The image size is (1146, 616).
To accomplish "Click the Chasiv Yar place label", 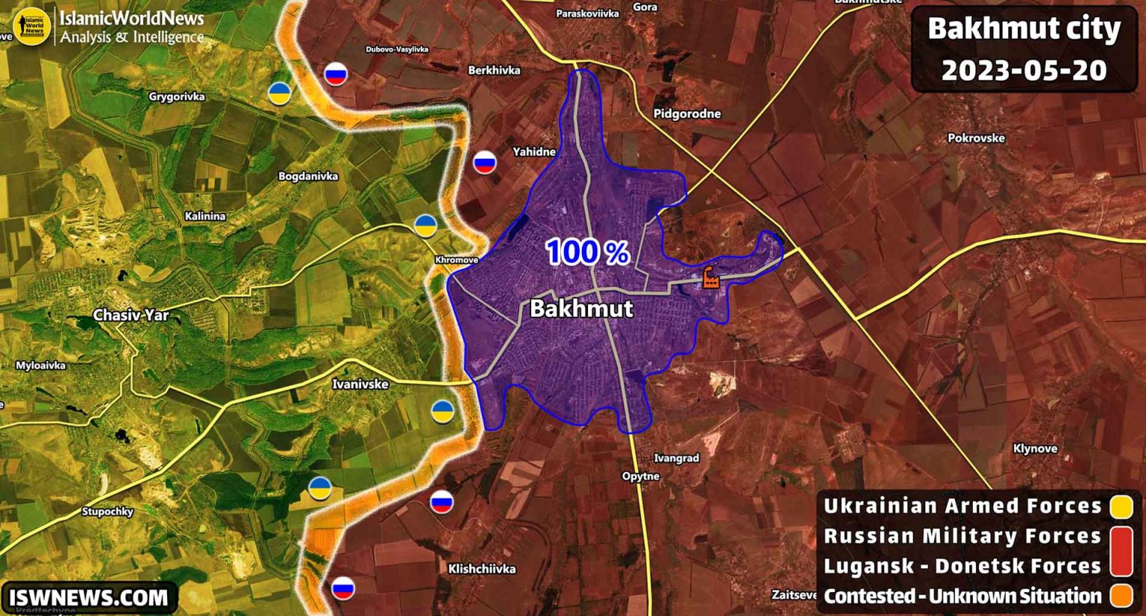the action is [x=131, y=315].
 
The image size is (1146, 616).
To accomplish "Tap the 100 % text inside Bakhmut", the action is [x=587, y=252].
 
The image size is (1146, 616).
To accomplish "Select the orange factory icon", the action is [x=710, y=277].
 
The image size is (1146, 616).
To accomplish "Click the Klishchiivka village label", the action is [x=481, y=568].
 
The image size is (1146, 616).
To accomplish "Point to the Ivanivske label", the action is [x=360, y=384].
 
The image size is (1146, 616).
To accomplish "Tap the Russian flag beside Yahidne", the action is [x=485, y=162].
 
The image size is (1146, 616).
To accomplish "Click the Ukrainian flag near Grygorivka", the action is [x=280, y=93].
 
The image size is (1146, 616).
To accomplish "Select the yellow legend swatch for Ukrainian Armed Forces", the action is [x=1121, y=506].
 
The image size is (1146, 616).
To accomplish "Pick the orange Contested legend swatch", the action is [x=1121, y=596].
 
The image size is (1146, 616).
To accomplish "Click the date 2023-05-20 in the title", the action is [x=1024, y=70].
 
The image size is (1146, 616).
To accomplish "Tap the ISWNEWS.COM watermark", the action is [x=89, y=597].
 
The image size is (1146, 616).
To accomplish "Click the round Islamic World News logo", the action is [x=31, y=26].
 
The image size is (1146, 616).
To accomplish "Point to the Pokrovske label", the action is [x=976, y=138].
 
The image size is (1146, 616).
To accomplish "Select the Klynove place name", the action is [x=1035, y=448].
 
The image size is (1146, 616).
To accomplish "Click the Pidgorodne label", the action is [x=686, y=113].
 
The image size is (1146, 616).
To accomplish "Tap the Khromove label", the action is [x=457, y=260].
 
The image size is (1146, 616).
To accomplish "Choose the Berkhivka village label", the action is [x=494, y=70].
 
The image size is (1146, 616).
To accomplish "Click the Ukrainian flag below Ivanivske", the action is [x=442, y=411].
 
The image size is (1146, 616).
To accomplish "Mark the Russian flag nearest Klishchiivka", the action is [x=442, y=502].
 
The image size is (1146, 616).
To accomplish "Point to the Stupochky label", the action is [x=107, y=511].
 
